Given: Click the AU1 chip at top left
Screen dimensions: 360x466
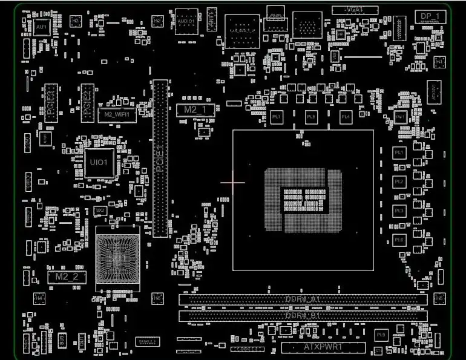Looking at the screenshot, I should pyautogui.click(x=41, y=27).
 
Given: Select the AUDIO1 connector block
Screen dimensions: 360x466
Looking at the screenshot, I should pyautogui.click(x=186, y=21).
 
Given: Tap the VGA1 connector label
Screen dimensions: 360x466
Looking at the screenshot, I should pyautogui.click(x=354, y=10).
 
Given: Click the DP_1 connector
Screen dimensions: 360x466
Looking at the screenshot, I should pyautogui.click(x=429, y=16).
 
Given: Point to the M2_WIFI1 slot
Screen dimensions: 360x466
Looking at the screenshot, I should pyautogui.click(x=117, y=114).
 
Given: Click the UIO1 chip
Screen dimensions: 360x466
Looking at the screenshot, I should pyautogui.click(x=99, y=162).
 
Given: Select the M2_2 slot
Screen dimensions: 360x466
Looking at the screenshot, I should pyautogui.click(x=67, y=277).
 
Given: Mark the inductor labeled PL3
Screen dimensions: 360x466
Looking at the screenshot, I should pyautogui.click(x=399, y=210).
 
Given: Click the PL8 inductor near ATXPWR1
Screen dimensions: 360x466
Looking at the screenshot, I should pyautogui.click(x=381, y=335).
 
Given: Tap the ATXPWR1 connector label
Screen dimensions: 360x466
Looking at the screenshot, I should pyautogui.click(x=323, y=347).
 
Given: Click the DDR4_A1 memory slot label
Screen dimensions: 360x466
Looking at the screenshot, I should pyautogui.click(x=302, y=299).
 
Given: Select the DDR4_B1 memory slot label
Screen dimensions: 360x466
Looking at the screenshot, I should pyautogui.click(x=302, y=316).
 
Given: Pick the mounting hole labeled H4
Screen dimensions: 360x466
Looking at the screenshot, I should pyautogui.click(x=39, y=298).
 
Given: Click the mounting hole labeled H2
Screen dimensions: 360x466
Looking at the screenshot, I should pyautogui.click(x=157, y=21).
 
